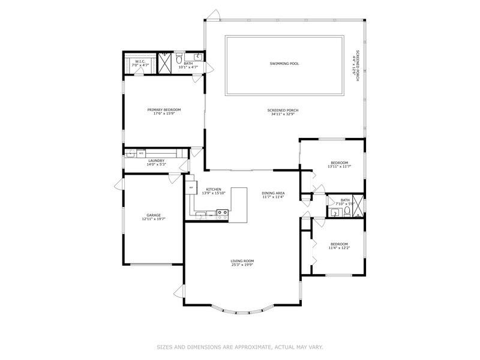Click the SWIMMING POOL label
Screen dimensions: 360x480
click(x=284, y=63)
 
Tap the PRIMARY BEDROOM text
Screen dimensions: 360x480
click(x=164, y=110)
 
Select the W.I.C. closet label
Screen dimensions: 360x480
click(x=140, y=61)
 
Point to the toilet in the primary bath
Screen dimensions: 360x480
click(x=179, y=58)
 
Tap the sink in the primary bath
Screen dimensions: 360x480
click(x=199, y=58)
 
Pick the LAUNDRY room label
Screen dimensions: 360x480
click(x=156, y=160)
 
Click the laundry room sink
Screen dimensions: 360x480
click(x=130, y=154)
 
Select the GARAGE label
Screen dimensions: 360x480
click(x=154, y=215)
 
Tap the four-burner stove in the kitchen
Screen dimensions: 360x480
click(x=222, y=212)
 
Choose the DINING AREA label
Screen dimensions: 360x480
click(x=272, y=193)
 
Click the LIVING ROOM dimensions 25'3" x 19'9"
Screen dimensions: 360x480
click(x=242, y=265)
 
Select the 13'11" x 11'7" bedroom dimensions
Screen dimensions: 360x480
click(x=339, y=166)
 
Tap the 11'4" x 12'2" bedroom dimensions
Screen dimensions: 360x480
click(x=339, y=248)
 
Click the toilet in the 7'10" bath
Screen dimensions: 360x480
click(x=334, y=212)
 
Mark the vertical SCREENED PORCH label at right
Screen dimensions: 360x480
click(x=357, y=65)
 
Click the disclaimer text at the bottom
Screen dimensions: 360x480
click(x=240, y=346)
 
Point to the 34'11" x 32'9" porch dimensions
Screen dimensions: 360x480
click(x=283, y=114)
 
